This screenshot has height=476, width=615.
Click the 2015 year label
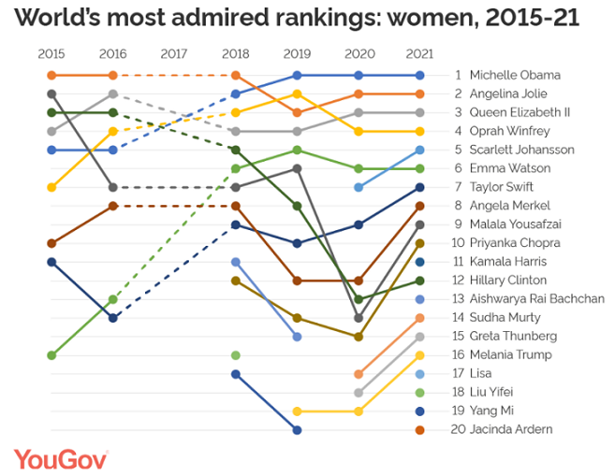51,54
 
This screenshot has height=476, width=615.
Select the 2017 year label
174,54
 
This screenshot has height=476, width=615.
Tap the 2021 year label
419,54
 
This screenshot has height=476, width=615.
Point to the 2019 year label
297,54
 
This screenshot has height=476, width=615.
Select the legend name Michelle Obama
515,75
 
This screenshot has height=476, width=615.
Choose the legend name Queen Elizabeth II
520,112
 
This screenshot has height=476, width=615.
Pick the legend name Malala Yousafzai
514,224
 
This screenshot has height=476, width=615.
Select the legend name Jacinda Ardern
514,429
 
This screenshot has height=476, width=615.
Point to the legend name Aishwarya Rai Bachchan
536,298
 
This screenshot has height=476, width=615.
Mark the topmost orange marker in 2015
51,75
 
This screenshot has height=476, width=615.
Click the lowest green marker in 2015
51,355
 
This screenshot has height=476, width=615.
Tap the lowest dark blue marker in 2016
113,318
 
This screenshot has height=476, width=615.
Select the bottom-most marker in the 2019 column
297,430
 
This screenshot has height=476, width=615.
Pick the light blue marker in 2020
359,187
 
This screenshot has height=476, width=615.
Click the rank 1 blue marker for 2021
419,75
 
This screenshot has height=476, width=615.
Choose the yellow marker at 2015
51,187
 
